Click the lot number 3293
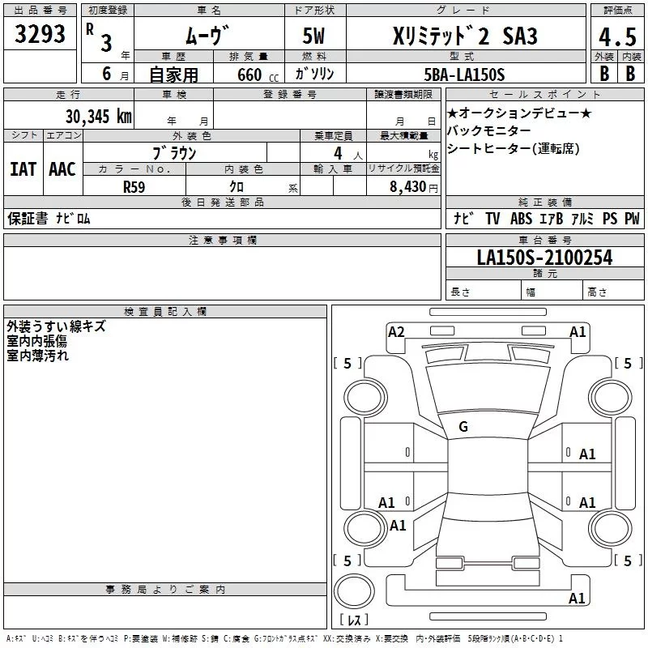[40, 35]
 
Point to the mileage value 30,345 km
[98, 116]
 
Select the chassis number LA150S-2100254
[544, 258]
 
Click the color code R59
[134, 186]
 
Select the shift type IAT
[23, 169]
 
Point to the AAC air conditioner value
[62, 169]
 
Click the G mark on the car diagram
[463, 427]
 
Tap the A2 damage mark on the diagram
[396, 331]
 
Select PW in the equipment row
[632, 219]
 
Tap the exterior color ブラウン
[175, 152]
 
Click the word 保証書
[28, 219]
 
